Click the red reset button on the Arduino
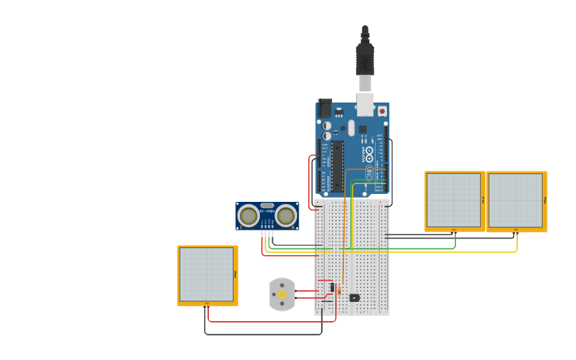382,111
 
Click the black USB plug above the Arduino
365,59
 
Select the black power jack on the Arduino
324,108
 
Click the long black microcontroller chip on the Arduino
338,166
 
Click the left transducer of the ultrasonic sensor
249,215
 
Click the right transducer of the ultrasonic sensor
285,215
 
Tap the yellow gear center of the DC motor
281,295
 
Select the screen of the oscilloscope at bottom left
207,274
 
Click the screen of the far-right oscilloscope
515,200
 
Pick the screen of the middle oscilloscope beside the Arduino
453,200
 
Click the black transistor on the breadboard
354,298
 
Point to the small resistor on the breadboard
340,292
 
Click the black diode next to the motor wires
332,287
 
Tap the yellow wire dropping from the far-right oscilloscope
517,242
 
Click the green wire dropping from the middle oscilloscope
455,240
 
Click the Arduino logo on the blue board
369,153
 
